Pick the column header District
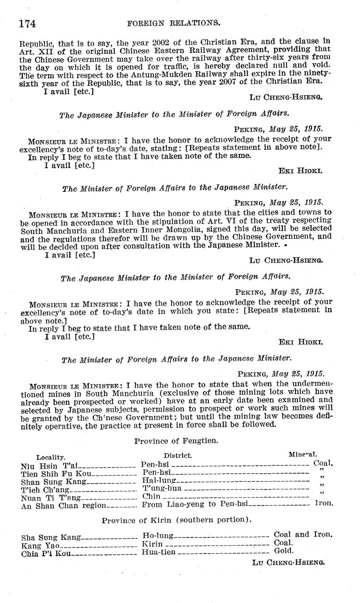[x=178, y=455]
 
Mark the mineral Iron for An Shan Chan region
[x=324, y=503]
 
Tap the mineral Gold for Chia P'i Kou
[x=284, y=551]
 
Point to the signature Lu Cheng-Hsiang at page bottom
[x=288, y=563]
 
